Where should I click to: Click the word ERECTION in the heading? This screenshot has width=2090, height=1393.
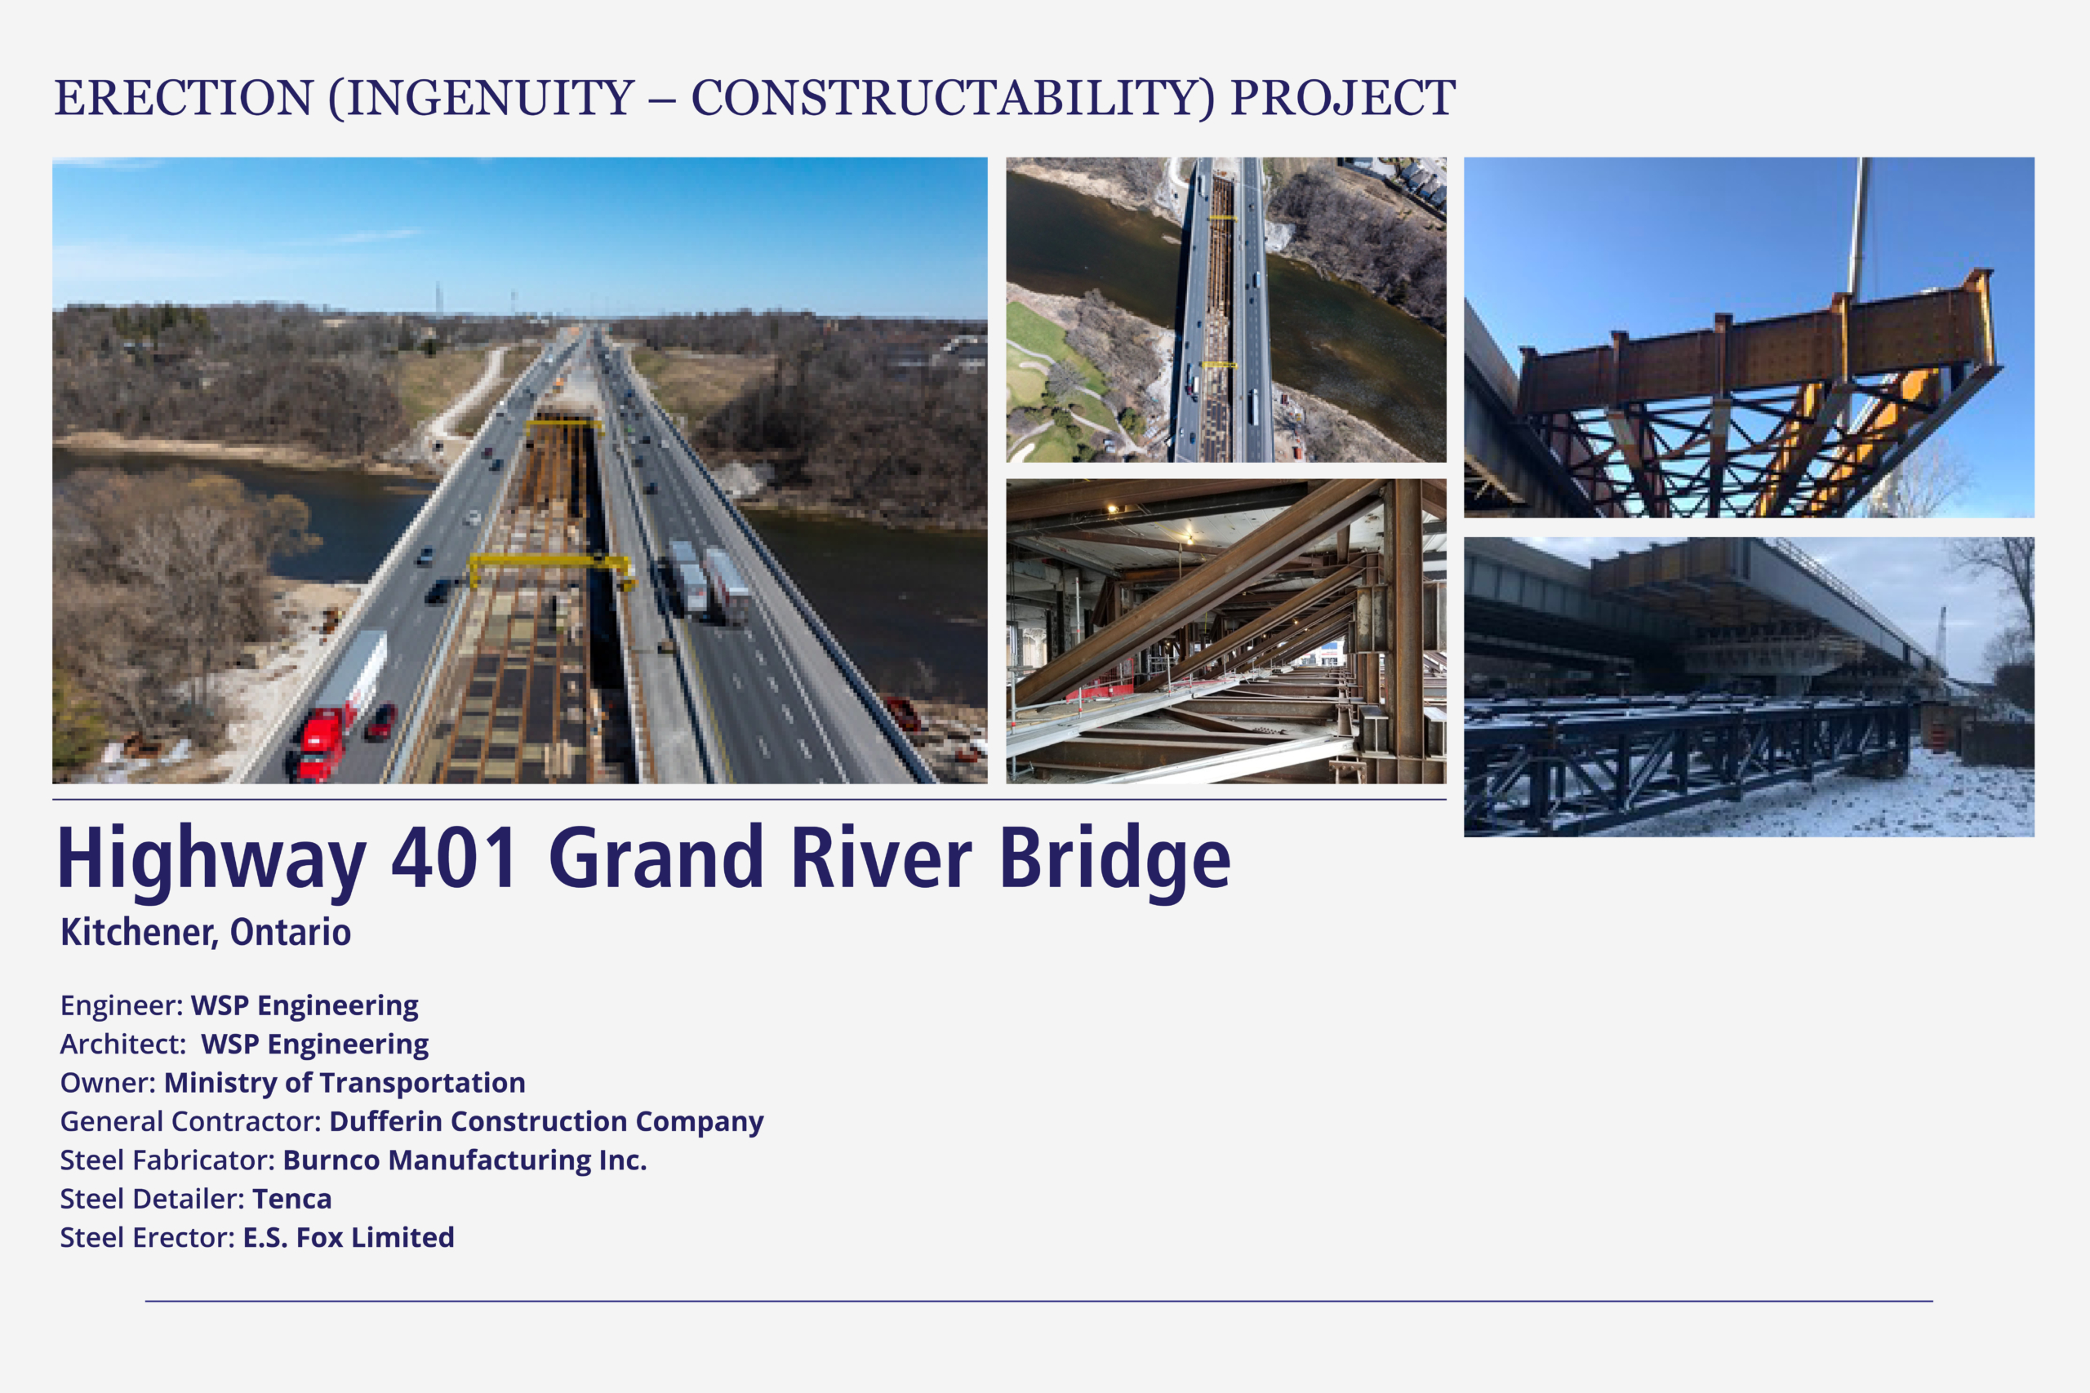(x=184, y=98)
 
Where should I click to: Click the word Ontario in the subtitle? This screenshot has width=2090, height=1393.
(x=291, y=932)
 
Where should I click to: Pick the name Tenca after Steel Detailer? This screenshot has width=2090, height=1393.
(x=291, y=1199)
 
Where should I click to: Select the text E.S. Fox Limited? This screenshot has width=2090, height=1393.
(x=349, y=1236)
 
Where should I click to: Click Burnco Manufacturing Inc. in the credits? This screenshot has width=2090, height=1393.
(x=465, y=1160)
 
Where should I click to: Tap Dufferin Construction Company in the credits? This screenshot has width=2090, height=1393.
(x=546, y=1121)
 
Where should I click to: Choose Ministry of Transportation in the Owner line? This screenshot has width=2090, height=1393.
(x=345, y=1082)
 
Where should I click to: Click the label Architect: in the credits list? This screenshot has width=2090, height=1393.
(x=122, y=1044)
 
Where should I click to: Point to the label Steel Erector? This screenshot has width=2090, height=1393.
(x=148, y=1236)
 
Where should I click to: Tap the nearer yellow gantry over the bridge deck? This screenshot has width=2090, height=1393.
(x=552, y=569)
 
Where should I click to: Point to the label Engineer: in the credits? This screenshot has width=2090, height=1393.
(x=122, y=1005)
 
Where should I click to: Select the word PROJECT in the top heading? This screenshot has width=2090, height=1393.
(x=1343, y=98)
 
